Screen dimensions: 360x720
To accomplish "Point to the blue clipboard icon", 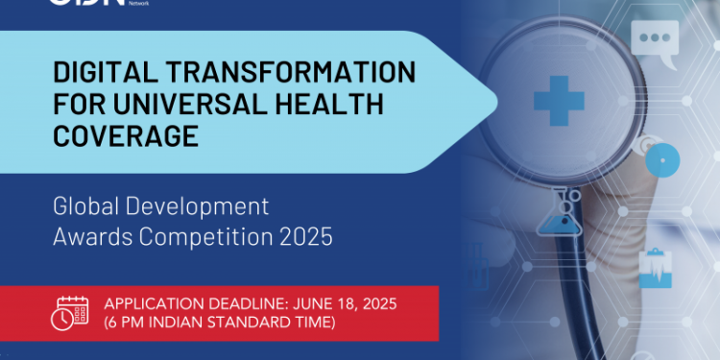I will [x=656, y=267].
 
